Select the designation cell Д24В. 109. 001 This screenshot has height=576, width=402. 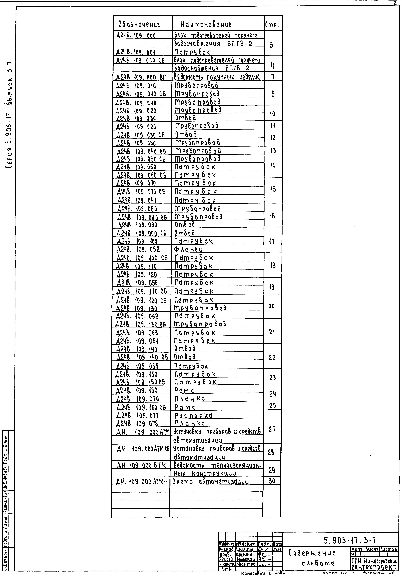click(136, 52)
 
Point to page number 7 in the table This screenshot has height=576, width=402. click(273, 77)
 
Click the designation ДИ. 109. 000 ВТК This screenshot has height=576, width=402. click(141, 465)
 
